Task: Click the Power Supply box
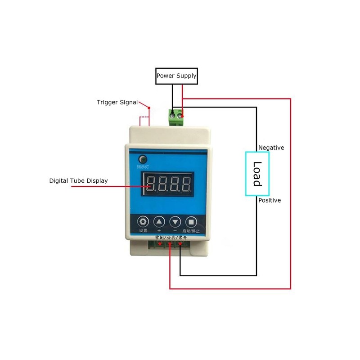click(176, 76)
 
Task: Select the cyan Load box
click(257, 174)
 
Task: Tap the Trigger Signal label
click(117, 102)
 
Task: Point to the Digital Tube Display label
click(78, 181)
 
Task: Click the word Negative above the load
click(271, 148)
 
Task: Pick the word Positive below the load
click(270, 200)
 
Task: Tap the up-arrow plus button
click(159, 221)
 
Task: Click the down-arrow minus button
click(175, 221)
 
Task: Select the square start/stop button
click(191, 221)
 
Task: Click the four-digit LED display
click(167, 184)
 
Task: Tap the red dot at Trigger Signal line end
click(149, 108)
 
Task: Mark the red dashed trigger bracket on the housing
click(144, 121)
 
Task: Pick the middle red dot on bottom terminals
click(170, 245)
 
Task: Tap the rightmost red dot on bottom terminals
click(180, 245)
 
